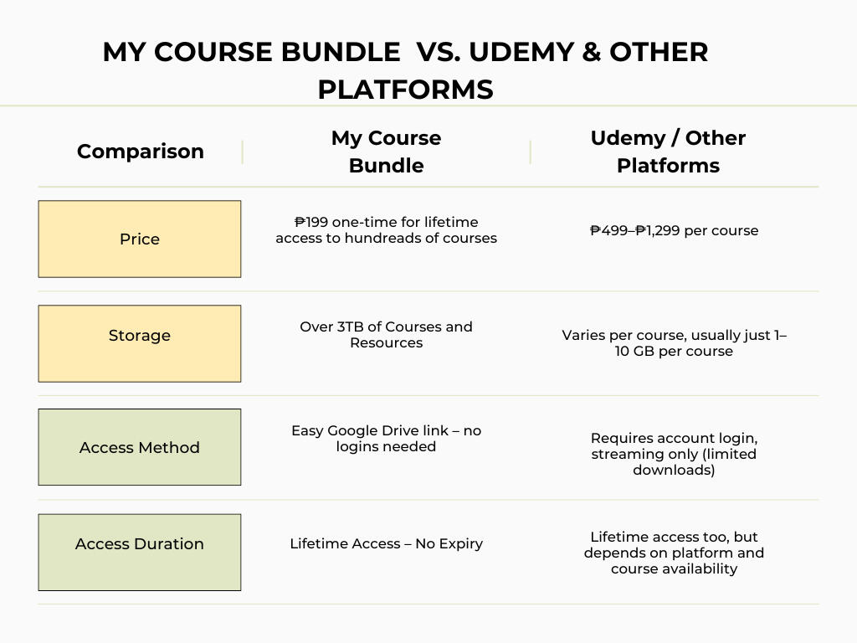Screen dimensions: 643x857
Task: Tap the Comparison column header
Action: [x=140, y=152]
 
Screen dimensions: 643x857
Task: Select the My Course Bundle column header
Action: [x=386, y=152]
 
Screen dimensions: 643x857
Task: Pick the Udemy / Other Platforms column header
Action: [x=668, y=152]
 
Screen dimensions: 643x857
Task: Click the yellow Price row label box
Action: [x=140, y=239]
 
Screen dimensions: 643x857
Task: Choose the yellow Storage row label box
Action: [x=140, y=343]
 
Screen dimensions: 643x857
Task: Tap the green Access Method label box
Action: [x=140, y=447]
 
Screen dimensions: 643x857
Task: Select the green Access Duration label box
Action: [x=140, y=552]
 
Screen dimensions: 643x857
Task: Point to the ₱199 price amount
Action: [x=311, y=222]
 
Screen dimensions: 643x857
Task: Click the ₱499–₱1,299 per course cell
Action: [x=674, y=230]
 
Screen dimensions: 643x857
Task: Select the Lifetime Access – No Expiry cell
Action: [x=386, y=543]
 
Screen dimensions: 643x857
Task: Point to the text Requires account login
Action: [x=674, y=438]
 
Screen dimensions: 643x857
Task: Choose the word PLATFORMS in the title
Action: [x=405, y=89]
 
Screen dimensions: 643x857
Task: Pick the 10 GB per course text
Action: [x=674, y=351]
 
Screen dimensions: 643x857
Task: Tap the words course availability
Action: [x=674, y=568]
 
